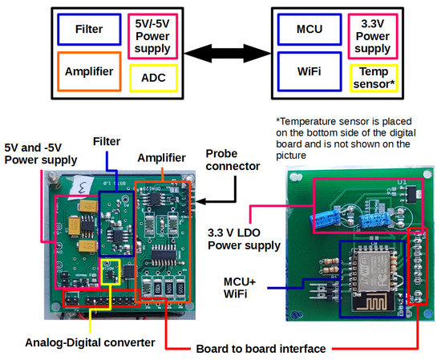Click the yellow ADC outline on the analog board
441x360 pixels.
(x=109, y=272)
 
